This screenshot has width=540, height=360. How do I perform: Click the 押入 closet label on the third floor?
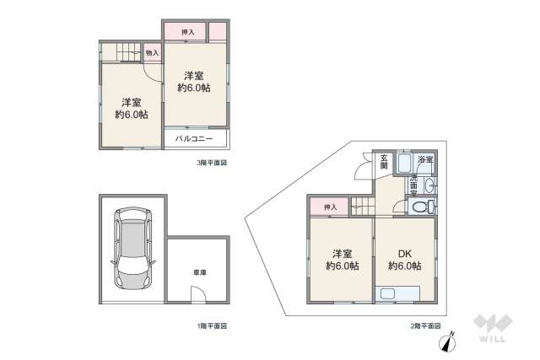pyautogui.click(x=189, y=32)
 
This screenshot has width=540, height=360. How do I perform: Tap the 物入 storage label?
pyautogui.click(x=152, y=53)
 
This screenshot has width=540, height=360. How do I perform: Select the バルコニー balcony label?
pyautogui.click(x=194, y=137)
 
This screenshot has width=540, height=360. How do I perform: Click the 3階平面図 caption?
pyautogui.click(x=213, y=161)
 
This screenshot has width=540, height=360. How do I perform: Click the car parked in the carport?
pyautogui.click(x=133, y=248)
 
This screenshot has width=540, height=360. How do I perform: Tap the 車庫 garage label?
pyautogui.click(x=199, y=272)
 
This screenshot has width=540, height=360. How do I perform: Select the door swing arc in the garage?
pyautogui.click(x=197, y=294)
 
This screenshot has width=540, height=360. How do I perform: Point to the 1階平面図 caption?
pyautogui.click(x=213, y=325)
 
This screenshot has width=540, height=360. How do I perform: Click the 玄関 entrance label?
pyautogui.click(x=384, y=161)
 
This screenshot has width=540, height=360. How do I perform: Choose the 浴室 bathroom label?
pyautogui.click(x=424, y=159)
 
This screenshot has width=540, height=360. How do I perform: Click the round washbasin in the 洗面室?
pyautogui.click(x=429, y=185)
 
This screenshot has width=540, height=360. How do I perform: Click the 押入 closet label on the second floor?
pyautogui.click(x=330, y=207)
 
